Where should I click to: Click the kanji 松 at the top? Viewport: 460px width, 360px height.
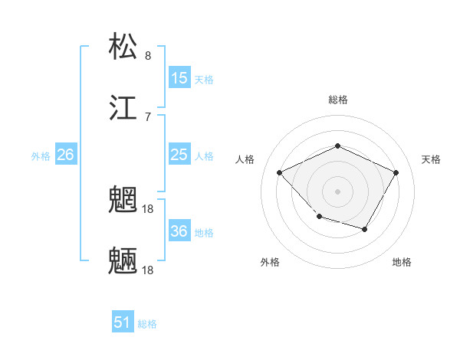pyautogui.click(x=123, y=46)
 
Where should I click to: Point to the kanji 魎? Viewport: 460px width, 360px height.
pyautogui.click(x=123, y=261)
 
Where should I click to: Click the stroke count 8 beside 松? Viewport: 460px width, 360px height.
pyautogui.click(x=148, y=55)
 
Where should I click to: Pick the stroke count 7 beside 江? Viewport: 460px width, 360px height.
pyautogui.click(x=148, y=116)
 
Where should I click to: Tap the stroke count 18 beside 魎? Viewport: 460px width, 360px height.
pyautogui.click(x=149, y=270)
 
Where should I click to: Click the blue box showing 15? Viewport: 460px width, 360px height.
pyautogui.click(x=179, y=77)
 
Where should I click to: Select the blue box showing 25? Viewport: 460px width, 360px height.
pyautogui.click(x=179, y=155)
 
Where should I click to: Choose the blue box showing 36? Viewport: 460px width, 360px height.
pyautogui.click(x=179, y=231)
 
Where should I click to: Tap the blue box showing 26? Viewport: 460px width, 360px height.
pyautogui.click(x=65, y=155)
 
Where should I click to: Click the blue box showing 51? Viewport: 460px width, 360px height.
pyautogui.click(x=123, y=322)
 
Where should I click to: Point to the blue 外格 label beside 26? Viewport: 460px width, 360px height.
pyautogui.click(x=41, y=156)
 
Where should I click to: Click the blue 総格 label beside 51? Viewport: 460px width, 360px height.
pyautogui.click(x=147, y=324)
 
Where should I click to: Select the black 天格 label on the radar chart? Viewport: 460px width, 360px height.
pyautogui.click(x=431, y=159)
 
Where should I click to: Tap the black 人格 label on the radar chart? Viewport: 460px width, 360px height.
pyautogui.click(x=245, y=159)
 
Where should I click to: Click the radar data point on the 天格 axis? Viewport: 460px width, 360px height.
pyautogui.click(x=396, y=172)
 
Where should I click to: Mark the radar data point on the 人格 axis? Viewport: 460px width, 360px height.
pyautogui.click(x=280, y=172)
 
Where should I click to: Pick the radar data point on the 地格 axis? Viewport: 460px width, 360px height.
pyautogui.click(x=365, y=229)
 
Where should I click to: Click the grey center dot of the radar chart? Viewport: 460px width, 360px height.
pyautogui.click(x=337, y=191)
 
